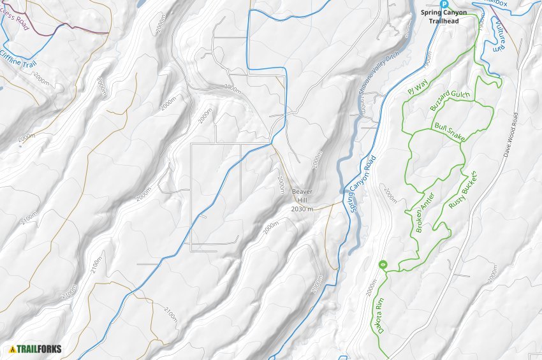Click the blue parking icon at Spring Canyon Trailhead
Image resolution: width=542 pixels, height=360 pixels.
(x=453, y=3)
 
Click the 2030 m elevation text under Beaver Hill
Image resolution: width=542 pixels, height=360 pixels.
(x=303, y=208)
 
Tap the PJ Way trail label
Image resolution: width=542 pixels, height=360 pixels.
(x=417, y=87)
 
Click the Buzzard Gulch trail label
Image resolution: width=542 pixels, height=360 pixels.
(x=450, y=101)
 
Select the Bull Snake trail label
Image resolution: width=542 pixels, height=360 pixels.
(x=450, y=133)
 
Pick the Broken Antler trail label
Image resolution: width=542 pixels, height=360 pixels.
(x=424, y=212)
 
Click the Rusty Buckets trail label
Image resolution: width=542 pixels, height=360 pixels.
(x=462, y=190)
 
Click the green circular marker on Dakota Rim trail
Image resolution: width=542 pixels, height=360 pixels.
(x=383, y=264)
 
